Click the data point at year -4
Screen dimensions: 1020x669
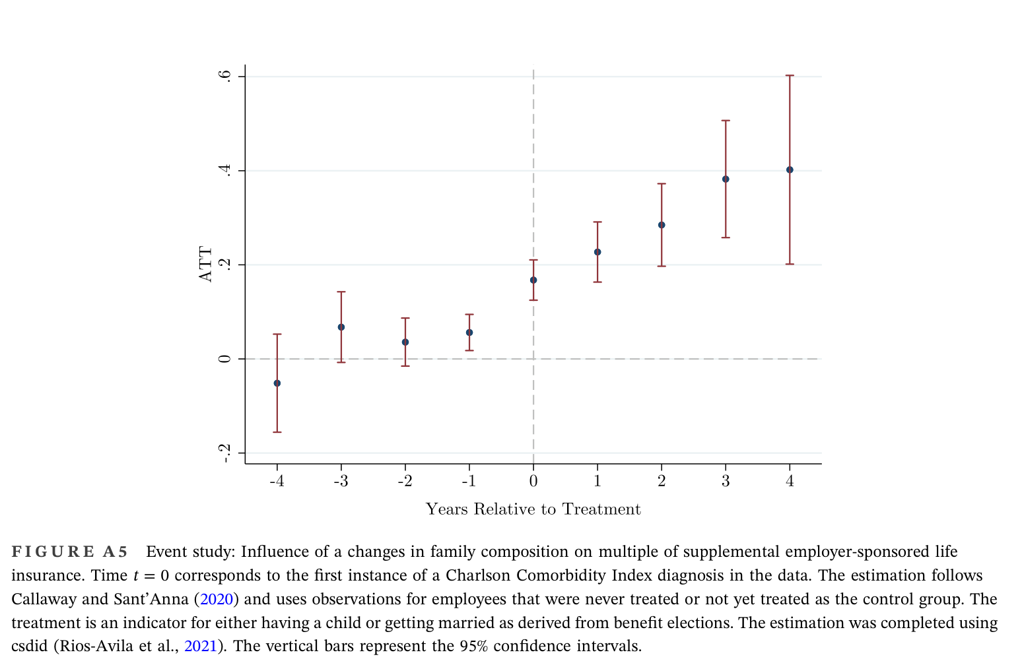(277, 383)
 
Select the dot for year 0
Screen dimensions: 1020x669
(533, 280)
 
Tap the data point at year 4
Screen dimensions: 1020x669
(790, 170)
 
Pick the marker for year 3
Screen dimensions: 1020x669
(726, 179)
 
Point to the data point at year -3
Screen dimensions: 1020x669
(341, 327)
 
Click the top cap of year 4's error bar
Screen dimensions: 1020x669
(790, 75)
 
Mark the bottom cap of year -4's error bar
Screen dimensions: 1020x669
(277, 432)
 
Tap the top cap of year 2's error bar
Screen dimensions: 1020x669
(662, 183)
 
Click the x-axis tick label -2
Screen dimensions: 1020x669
(404, 480)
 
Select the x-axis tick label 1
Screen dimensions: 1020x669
(597, 480)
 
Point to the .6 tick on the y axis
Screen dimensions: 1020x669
(225, 76)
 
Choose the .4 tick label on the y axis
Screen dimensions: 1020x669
(225, 171)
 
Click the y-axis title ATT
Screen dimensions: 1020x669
(205, 265)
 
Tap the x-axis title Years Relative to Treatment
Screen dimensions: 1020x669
(533, 509)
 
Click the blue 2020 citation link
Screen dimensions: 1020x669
(217, 599)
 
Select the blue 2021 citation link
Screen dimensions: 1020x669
(200, 647)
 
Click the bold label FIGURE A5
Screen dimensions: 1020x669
(69, 552)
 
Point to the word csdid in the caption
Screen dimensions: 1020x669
(30, 647)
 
